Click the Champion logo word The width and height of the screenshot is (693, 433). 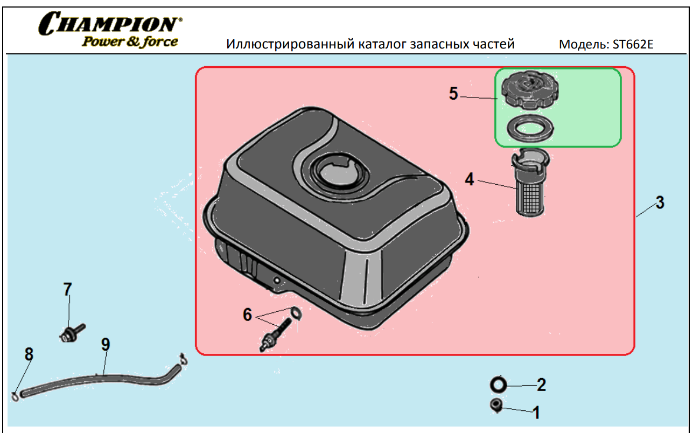pyautogui.click(x=110, y=23)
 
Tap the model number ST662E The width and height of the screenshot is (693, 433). pyautogui.click(x=633, y=44)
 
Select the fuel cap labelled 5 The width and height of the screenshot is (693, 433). pyautogui.click(x=530, y=89)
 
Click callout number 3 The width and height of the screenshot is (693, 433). pyautogui.click(x=660, y=202)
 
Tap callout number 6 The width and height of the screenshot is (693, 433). pyautogui.click(x=247, y=315)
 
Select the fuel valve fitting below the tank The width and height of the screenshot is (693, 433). pyautogui.click(x=275, y=336)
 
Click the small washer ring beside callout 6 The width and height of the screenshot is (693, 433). pyautogui.click(x=296, y=313)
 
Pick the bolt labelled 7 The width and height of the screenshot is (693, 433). pyautogui.click(x=72, y=333)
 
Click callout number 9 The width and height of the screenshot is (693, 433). pyautogui.click(x=106, y=345)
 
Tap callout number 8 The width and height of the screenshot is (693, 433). pyautogui.click(x=29, y=354)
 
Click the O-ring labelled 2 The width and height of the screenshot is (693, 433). pyautogui.click(x=498, y=385)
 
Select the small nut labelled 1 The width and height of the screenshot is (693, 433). pyautogui.click(x=496, y=406)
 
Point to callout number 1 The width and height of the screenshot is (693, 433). pyautogui.click(x=536, y=413)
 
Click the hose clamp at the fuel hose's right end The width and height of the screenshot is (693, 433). pyautogui.click(x=184, y=359)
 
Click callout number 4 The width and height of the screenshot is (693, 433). pyautogui.click(x=470, y=179)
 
